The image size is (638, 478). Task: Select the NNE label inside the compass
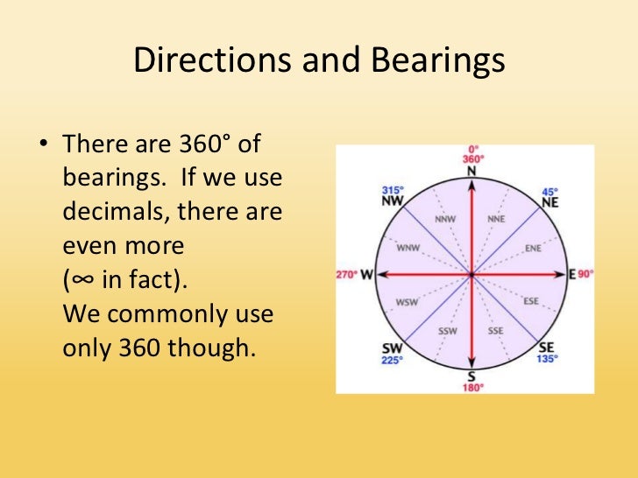(497, 219)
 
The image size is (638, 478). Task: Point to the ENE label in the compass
(532, 249)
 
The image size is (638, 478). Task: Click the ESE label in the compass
(531, 301)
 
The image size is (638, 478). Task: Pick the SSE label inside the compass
(496, 331)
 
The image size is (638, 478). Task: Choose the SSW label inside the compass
(446, 331)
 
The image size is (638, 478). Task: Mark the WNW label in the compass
(409, 249)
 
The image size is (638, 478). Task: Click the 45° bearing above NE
(550, 191)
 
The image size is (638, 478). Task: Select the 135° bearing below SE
(548, 358)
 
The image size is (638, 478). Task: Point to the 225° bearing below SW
(391, 358)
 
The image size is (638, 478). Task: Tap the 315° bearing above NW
(391, 191)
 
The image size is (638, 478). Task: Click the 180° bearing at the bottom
(471, 387)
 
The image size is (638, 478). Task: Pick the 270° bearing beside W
(346, 275)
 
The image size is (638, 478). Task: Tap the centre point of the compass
(471, 275)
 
